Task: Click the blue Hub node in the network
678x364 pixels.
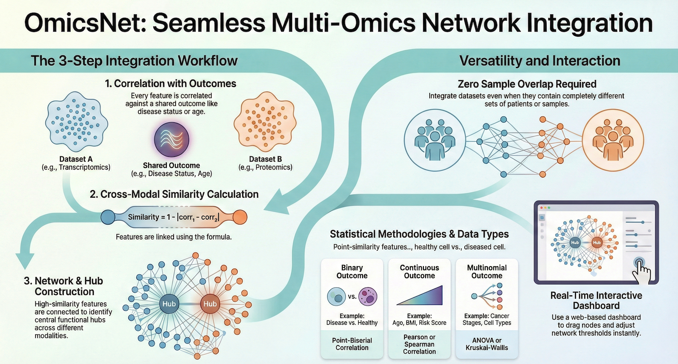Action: (x=169, y=304)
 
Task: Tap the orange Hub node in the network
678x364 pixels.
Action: (x=210, y=304)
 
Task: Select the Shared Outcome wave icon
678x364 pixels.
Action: (x=171, y=139)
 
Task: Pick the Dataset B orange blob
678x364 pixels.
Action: (x=265, y=122)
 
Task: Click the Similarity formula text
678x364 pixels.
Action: (x=174, y=217)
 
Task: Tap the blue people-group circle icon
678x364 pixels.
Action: (x=435, y=140)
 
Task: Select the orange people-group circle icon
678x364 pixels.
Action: (x=613, y=140)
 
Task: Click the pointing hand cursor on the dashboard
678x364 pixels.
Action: (x=642, y=269)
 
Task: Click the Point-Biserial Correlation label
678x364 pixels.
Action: (x=352, y=344)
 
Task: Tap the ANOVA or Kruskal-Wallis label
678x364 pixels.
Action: (x=487, y=344)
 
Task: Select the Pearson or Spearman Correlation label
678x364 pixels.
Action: (x=419, y=344)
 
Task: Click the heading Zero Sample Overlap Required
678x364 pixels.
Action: (x=527, y=84)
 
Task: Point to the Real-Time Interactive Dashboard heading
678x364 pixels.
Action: (x=596, y=300)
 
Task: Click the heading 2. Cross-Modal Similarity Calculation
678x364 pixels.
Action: (x=174, y=194)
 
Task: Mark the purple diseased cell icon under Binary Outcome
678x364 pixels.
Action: (x=368, y=296)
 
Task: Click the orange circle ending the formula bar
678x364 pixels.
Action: (x=240, y=217)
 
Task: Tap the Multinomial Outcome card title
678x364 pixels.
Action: (x=487, y=272)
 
